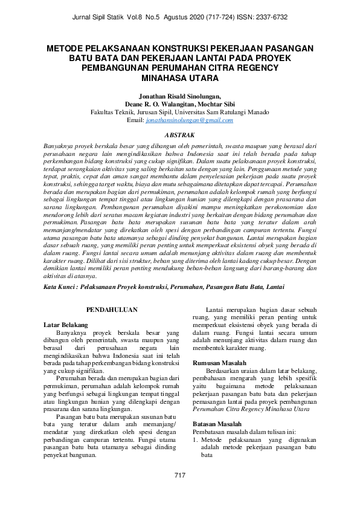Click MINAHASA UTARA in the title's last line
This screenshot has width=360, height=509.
(180, 78)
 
